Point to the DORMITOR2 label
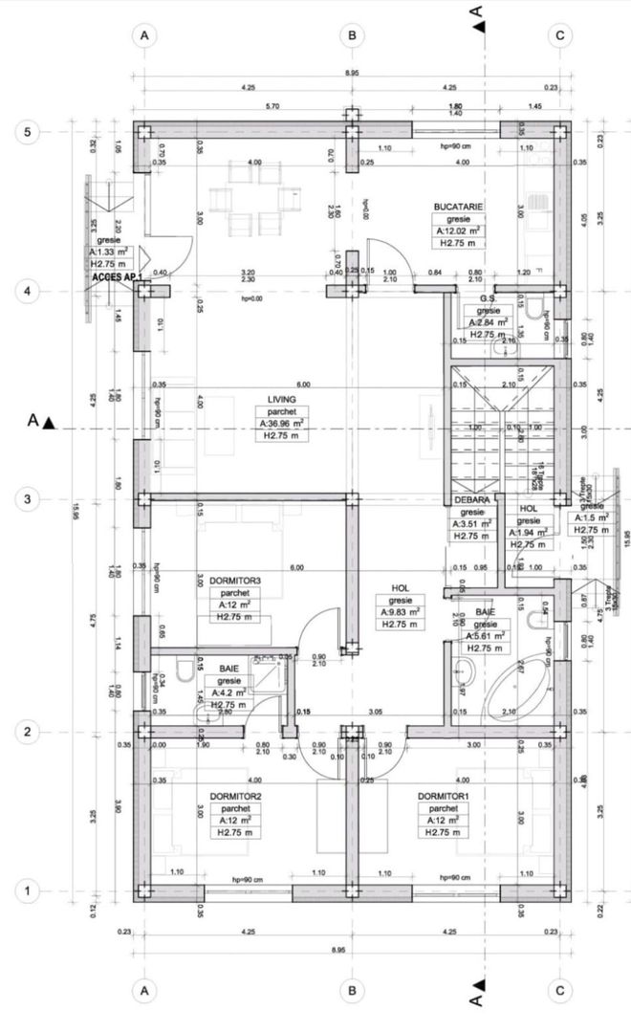click(x=235, y=795)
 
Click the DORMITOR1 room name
click(x=443, y=795)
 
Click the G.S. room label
click(x=489, y=298)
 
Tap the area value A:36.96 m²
click(x=281, y=423)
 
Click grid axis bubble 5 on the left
click(x=28, y=132)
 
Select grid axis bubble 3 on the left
click(x=28, y=499)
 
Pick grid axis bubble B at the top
click(x=352, y=35)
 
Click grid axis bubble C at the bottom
click(x=559, y=990)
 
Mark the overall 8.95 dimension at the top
click(x=352, y=73)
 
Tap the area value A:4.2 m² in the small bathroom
click(x=228, y=681)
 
